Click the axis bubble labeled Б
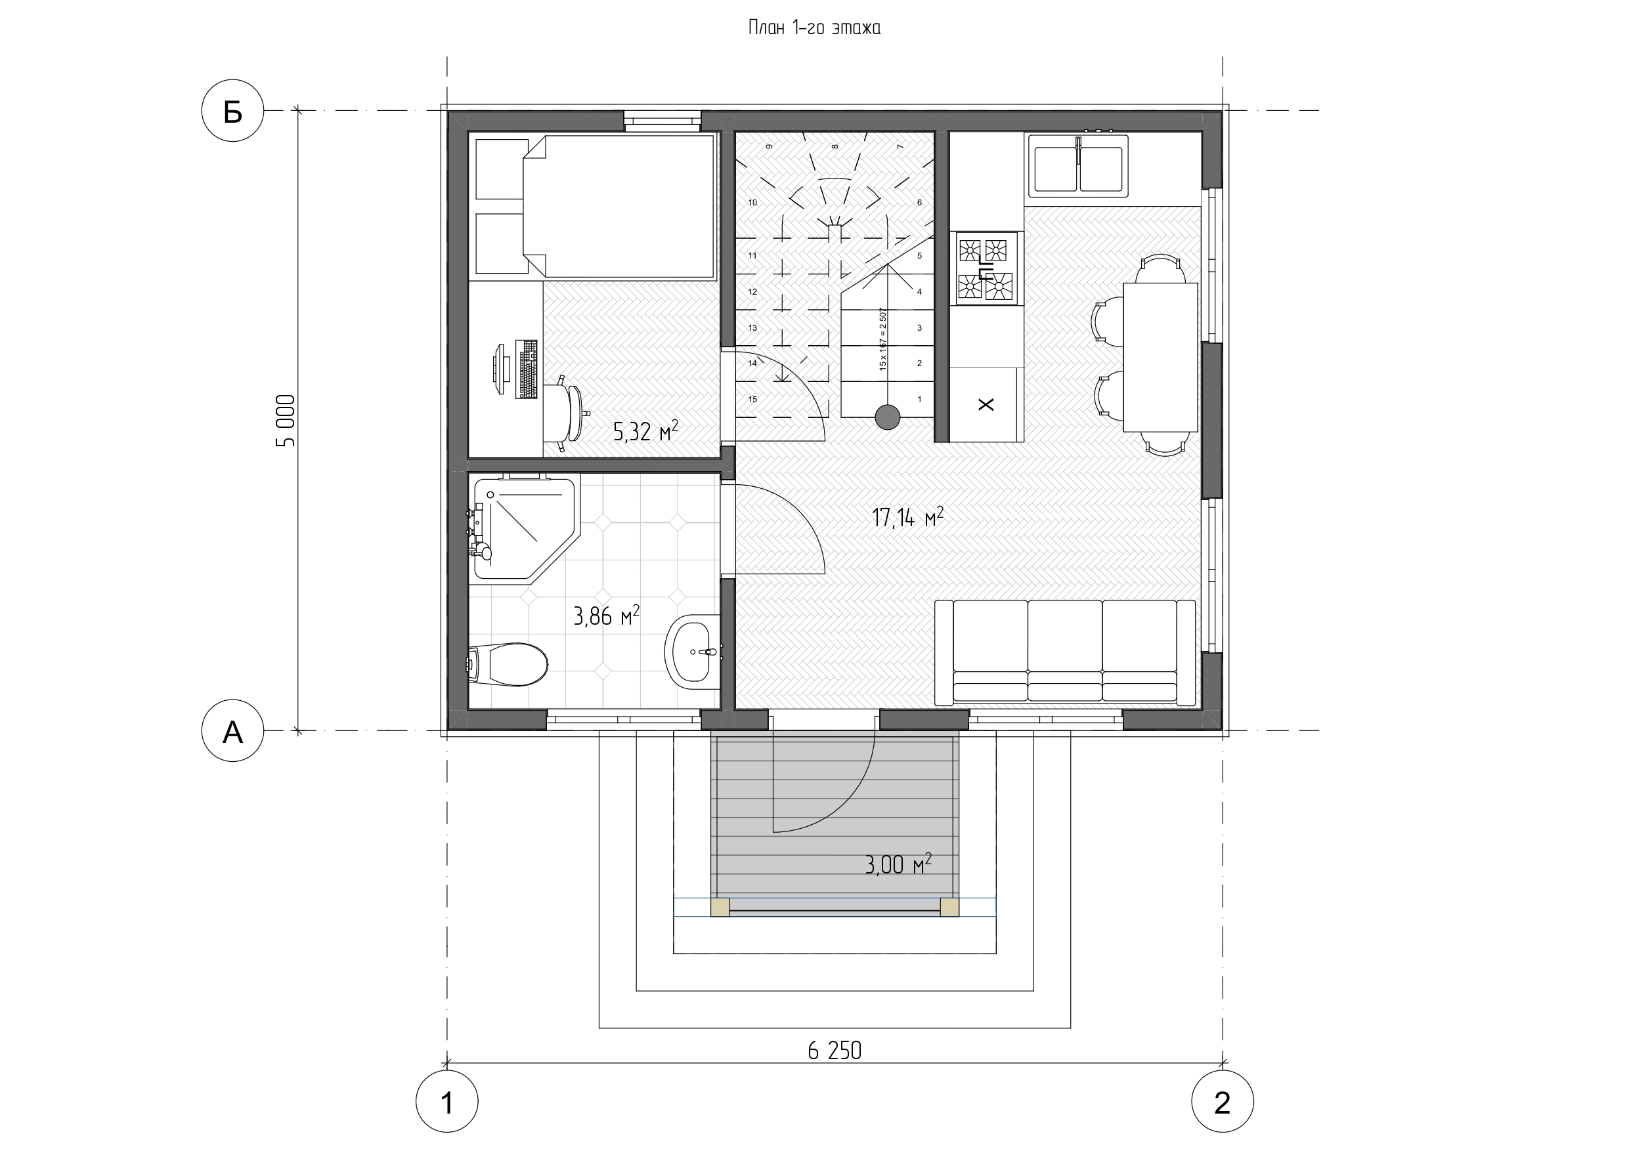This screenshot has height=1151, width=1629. [x=232, y=111]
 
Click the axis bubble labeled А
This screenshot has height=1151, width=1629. [x=232, y=730]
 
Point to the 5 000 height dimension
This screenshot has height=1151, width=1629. [x=286, y=421]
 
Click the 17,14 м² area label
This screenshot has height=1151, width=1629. [x=907, y=517]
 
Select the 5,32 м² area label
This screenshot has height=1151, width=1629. [x=645, y=430]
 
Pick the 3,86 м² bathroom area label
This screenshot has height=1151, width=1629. [x=607, y=616]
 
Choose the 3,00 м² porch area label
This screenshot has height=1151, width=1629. [x=898, y=864]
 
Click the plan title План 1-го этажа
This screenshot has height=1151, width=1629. [x=814, y=28]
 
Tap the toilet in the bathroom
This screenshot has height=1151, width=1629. [x=508, y=664]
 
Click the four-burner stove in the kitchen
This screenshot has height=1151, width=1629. [x=986, y=269]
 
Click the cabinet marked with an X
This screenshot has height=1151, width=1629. [x=986, y=404]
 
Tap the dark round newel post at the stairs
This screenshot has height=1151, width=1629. [x=887, y=417]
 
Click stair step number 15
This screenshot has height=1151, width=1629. [x=752, y=399]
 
